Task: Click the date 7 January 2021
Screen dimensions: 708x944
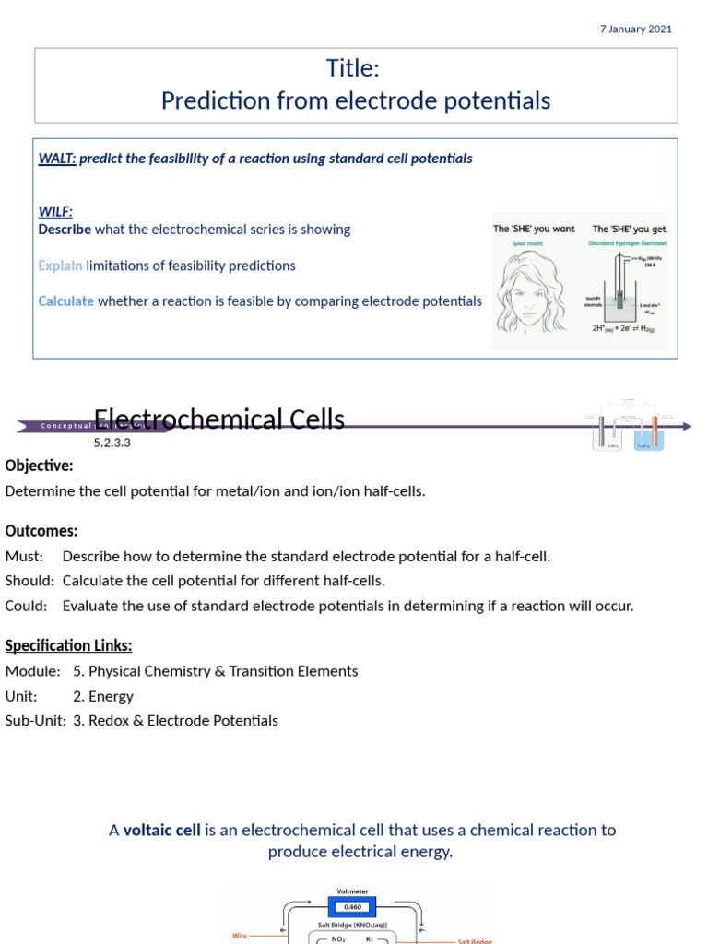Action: click(x=635, y=29)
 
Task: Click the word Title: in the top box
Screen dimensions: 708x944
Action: click(x=353, y=68)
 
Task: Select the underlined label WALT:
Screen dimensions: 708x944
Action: click(x=57, y=159)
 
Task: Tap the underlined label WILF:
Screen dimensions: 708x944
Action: click(x=55, y=212)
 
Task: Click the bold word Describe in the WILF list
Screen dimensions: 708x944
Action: click(x=65, y=230)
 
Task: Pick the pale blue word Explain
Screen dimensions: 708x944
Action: click(x=60, y=265)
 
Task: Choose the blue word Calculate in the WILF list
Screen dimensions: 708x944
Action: click(x=65, y=301)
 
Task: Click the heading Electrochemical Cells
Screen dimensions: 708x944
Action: click(x=219, y=420)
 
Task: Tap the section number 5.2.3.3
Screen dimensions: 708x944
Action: click(x=112, y=442)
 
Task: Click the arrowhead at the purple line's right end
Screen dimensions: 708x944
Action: click(x=687, y=426)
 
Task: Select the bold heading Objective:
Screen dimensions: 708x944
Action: click(x=39, y=466)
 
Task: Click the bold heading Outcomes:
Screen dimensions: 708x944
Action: click(x=41, y=531)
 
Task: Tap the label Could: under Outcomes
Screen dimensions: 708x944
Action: click(x=25, y=606)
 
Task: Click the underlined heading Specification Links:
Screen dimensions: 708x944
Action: click(x=68, y=645)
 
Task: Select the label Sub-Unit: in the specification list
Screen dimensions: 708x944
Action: click(x=36, y=721)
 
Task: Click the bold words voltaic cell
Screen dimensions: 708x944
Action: click(x=162, y=831)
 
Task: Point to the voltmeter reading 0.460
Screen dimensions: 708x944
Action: click(x=354, y=907)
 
